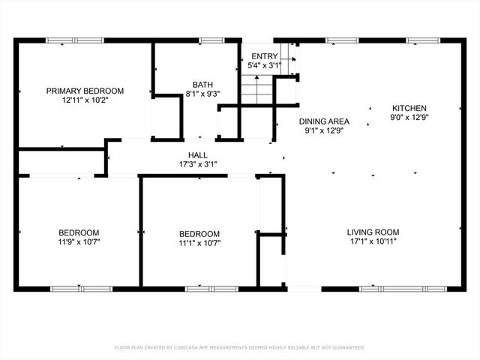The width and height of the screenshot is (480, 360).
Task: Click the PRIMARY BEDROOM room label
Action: click(85, 91)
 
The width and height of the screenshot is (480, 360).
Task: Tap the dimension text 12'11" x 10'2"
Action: click(85, 100)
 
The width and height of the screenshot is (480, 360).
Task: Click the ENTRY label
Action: click(264, 56)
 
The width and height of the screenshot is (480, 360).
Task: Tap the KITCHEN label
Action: click(409, 108)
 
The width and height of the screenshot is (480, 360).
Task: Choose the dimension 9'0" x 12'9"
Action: click(409, 117)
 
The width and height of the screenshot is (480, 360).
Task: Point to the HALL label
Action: click(198, 155)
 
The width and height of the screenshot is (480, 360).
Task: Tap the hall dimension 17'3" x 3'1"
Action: click(198, 164)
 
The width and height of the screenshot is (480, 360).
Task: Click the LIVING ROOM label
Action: click(373, 232)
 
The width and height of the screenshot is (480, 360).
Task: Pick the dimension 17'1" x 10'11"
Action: click(373, 241)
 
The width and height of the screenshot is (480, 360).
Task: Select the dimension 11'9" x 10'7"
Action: click(79, 242)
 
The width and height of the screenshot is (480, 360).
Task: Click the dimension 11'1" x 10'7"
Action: click(199, 242)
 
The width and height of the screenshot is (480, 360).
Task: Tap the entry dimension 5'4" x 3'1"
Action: click(264, 65)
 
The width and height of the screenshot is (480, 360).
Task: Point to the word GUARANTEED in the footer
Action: click(348, 348)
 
